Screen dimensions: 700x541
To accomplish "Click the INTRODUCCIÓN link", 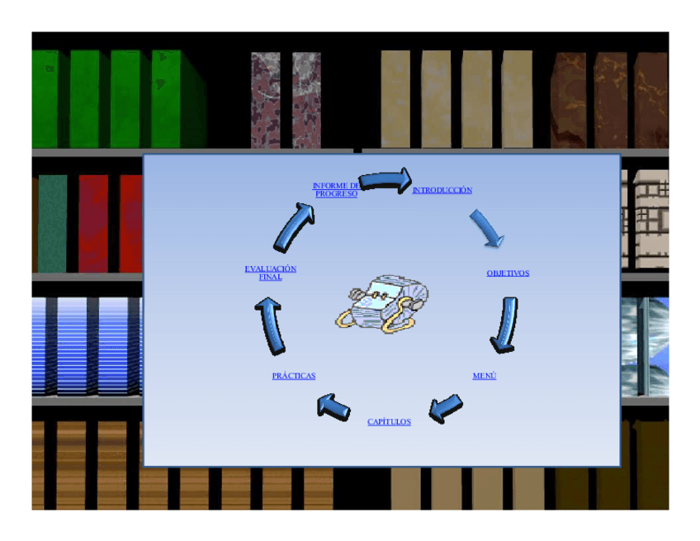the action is coord(442,191).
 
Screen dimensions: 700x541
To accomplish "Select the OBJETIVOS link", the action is coord(508,273).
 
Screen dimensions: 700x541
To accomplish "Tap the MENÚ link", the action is coord(484,377).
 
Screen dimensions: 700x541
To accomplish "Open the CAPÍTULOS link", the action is coord(389,422).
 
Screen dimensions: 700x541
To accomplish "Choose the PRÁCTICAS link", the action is coord(293,377).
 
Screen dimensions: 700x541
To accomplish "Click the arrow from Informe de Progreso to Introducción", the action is coord(385,180).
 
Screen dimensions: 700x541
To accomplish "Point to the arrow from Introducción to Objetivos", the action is coord(487,228).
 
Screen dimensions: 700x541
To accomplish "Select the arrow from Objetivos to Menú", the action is coord(504,324).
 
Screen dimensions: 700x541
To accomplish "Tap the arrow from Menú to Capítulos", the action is coord(446,406).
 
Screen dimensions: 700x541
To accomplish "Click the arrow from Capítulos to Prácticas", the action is coord(333,406).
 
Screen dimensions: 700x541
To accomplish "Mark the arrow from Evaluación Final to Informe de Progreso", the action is coord(294,225).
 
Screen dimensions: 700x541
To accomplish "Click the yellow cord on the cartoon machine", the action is coord(402,318).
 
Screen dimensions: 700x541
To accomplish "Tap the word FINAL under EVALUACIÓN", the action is coord(270,278).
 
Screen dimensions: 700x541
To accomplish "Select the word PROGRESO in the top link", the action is coord(336,194).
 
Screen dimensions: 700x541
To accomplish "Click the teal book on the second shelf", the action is coord(52,223).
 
